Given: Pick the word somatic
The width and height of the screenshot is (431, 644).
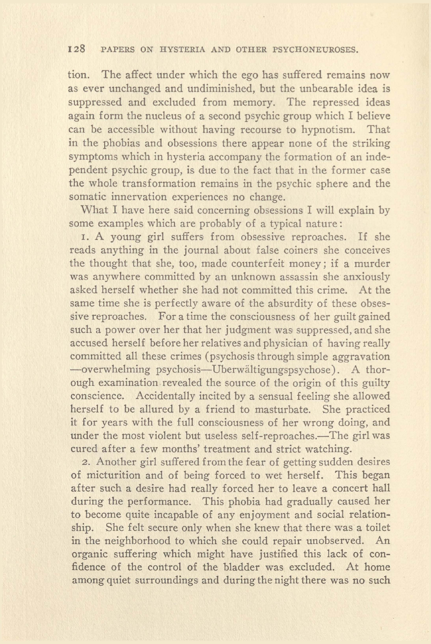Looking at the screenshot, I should pos(86,197).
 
